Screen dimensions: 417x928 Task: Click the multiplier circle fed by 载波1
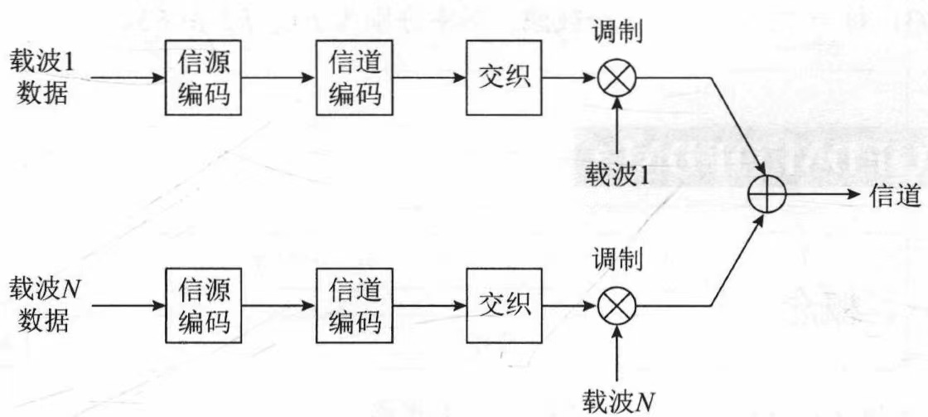[x=616, y=80]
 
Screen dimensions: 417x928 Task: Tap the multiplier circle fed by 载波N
[x=616, y=306]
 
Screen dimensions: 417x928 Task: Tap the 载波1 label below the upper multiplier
[x=616, y=175]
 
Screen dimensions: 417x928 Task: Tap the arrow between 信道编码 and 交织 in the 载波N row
[x=429, y=306]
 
